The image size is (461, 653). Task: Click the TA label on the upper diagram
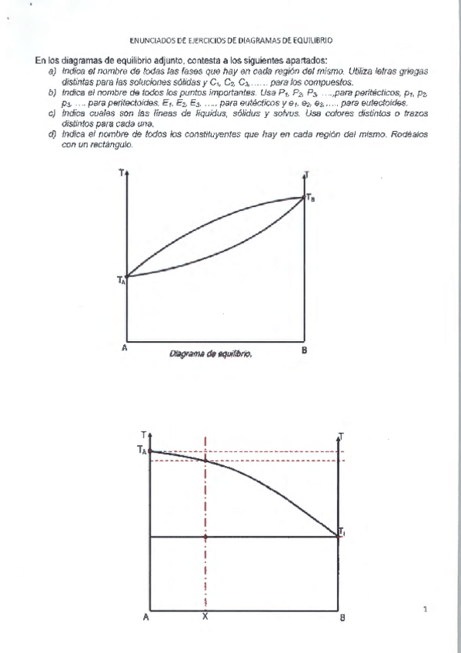(x=121, y=281)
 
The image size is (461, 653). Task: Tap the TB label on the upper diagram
(x=310, y=198)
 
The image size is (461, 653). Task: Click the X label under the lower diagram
(x=204, y=617)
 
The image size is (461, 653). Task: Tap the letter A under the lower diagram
(x=146, y=617)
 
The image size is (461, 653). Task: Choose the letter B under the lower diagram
(x=342, y=618)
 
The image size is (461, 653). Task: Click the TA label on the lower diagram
(x=142, y=451)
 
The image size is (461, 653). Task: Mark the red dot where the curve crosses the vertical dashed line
(x=205, y=460)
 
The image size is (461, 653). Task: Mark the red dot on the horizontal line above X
(x=205, y=536)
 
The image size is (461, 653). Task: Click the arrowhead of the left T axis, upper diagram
(x=126, y=173)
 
